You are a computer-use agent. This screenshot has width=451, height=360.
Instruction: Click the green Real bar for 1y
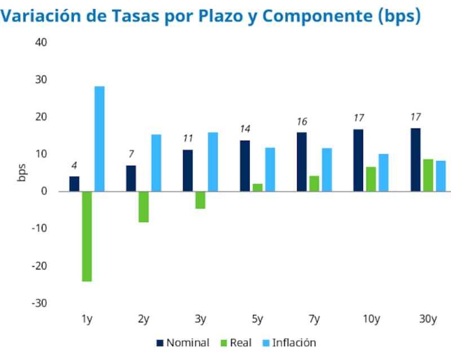pos(87,236)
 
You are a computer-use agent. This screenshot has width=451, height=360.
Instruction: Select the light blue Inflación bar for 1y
pos(99,139)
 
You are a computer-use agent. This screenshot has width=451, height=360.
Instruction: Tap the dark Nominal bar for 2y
pos(131,178)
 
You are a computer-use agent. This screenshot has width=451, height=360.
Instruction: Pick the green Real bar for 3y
pos(200,200)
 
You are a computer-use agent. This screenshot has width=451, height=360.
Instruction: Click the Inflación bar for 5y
pos(270,170)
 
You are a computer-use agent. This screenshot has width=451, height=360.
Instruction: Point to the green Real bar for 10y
pos(371,179)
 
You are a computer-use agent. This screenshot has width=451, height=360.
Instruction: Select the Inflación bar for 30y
pos(440,176)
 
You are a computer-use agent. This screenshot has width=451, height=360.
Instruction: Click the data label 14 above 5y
pos(245,129)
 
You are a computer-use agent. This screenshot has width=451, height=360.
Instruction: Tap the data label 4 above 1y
pos(74,166)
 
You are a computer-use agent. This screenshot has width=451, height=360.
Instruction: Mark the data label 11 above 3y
pos(188,139)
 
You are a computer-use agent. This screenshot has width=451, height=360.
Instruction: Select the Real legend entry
pos(237,343)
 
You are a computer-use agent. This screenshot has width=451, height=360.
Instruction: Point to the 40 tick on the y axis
pos(41,42)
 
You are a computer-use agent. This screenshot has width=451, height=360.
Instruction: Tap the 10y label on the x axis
pos(370,319)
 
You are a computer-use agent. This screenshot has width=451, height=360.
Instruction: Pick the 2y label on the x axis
pos(143,319)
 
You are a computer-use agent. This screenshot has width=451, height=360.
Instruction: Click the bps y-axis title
pos(21,173)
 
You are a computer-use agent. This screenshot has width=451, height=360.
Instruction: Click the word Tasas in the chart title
pos(156,16)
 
